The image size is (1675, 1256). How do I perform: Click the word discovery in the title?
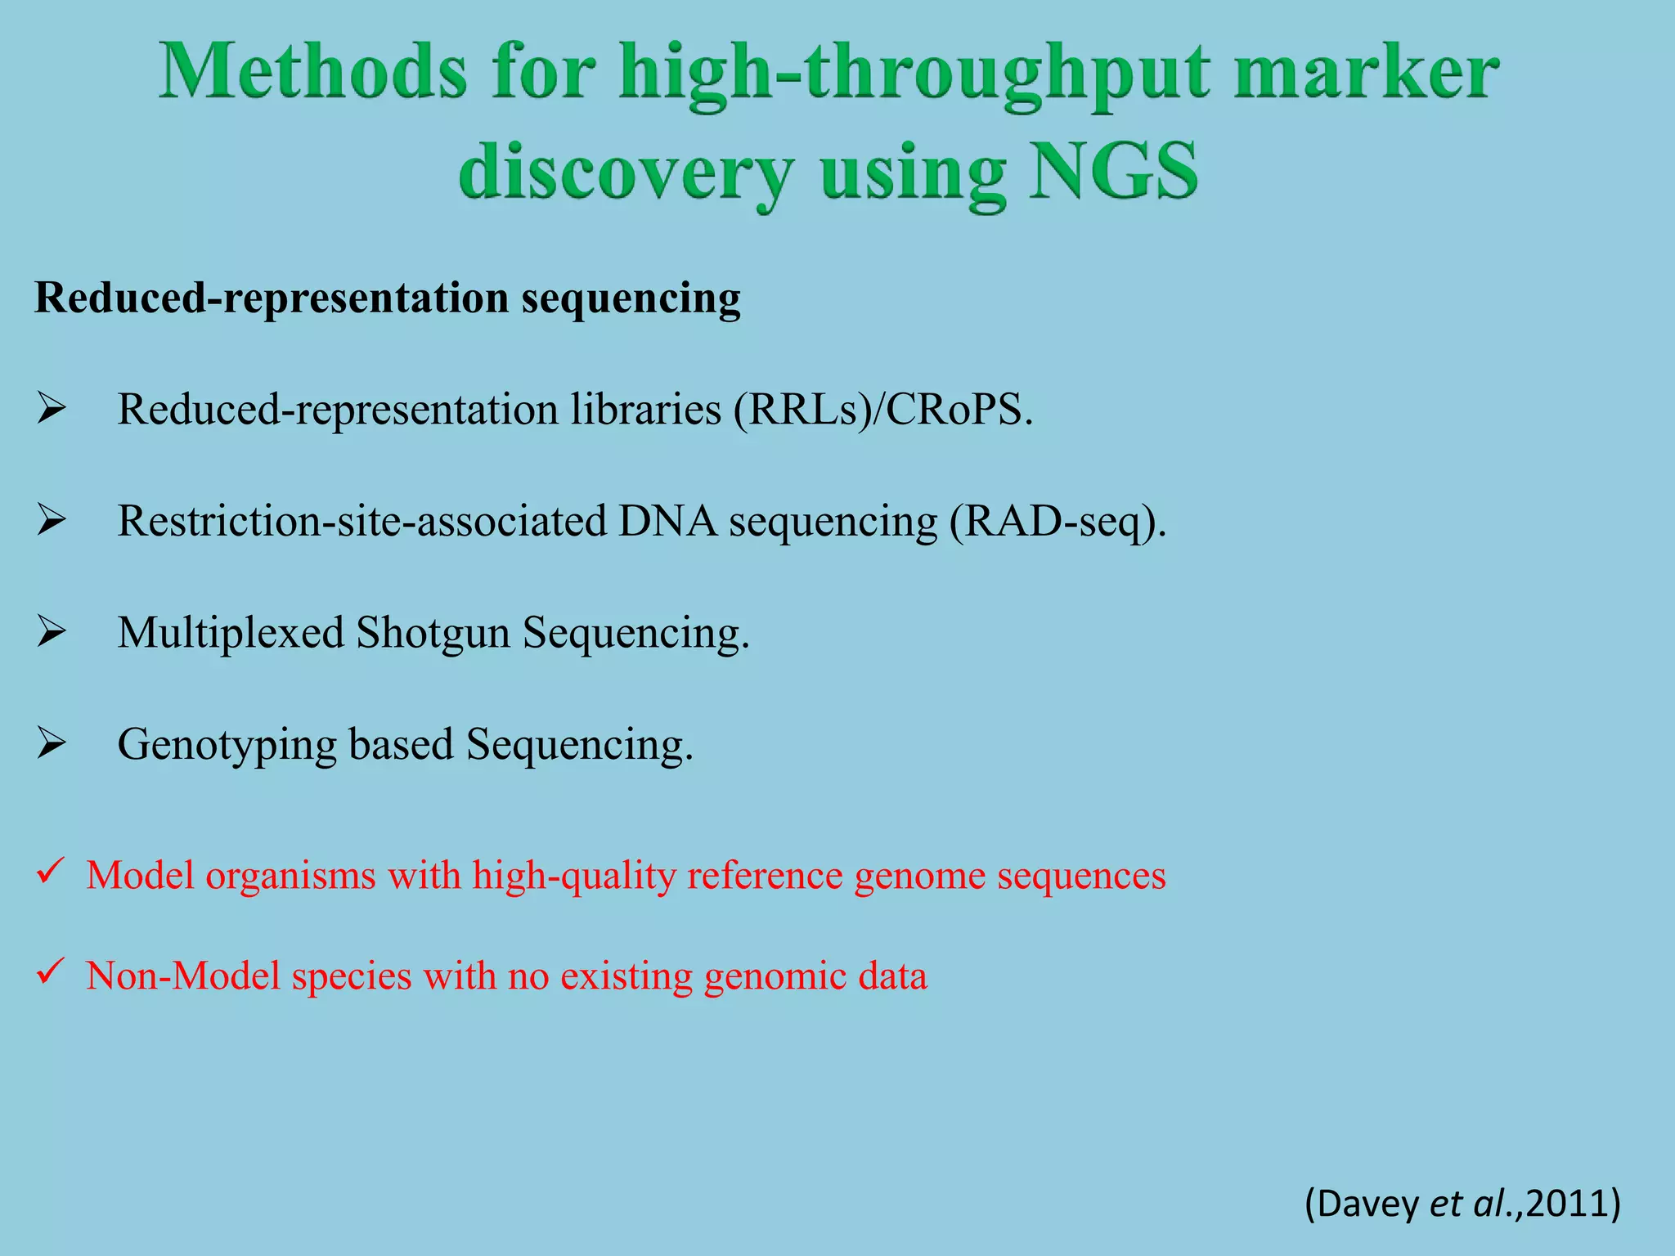click(x=626, y=173)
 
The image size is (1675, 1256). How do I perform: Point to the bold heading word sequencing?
click(x=631, y=299)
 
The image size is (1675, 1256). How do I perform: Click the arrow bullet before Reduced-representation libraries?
click(x=51, y=408)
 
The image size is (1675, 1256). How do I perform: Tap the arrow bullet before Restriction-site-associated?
click(x=51, y=520)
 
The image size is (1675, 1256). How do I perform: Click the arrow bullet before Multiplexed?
click(x=51, y=632)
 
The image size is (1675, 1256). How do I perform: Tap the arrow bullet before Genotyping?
click(x=51, y=744)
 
